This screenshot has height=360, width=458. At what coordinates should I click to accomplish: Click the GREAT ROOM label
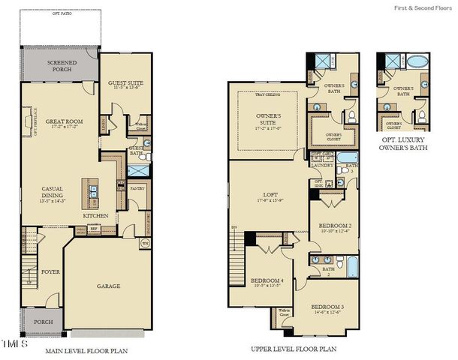63,121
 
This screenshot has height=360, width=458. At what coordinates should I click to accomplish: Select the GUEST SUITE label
125,83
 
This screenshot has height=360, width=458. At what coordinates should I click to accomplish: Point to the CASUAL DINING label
52,192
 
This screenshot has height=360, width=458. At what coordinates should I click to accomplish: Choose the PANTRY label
137,189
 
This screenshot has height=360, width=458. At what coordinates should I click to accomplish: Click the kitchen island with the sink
92,192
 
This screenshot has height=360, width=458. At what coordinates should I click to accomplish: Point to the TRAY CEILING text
267,94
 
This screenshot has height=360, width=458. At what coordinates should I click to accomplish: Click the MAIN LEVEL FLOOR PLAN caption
86,350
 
